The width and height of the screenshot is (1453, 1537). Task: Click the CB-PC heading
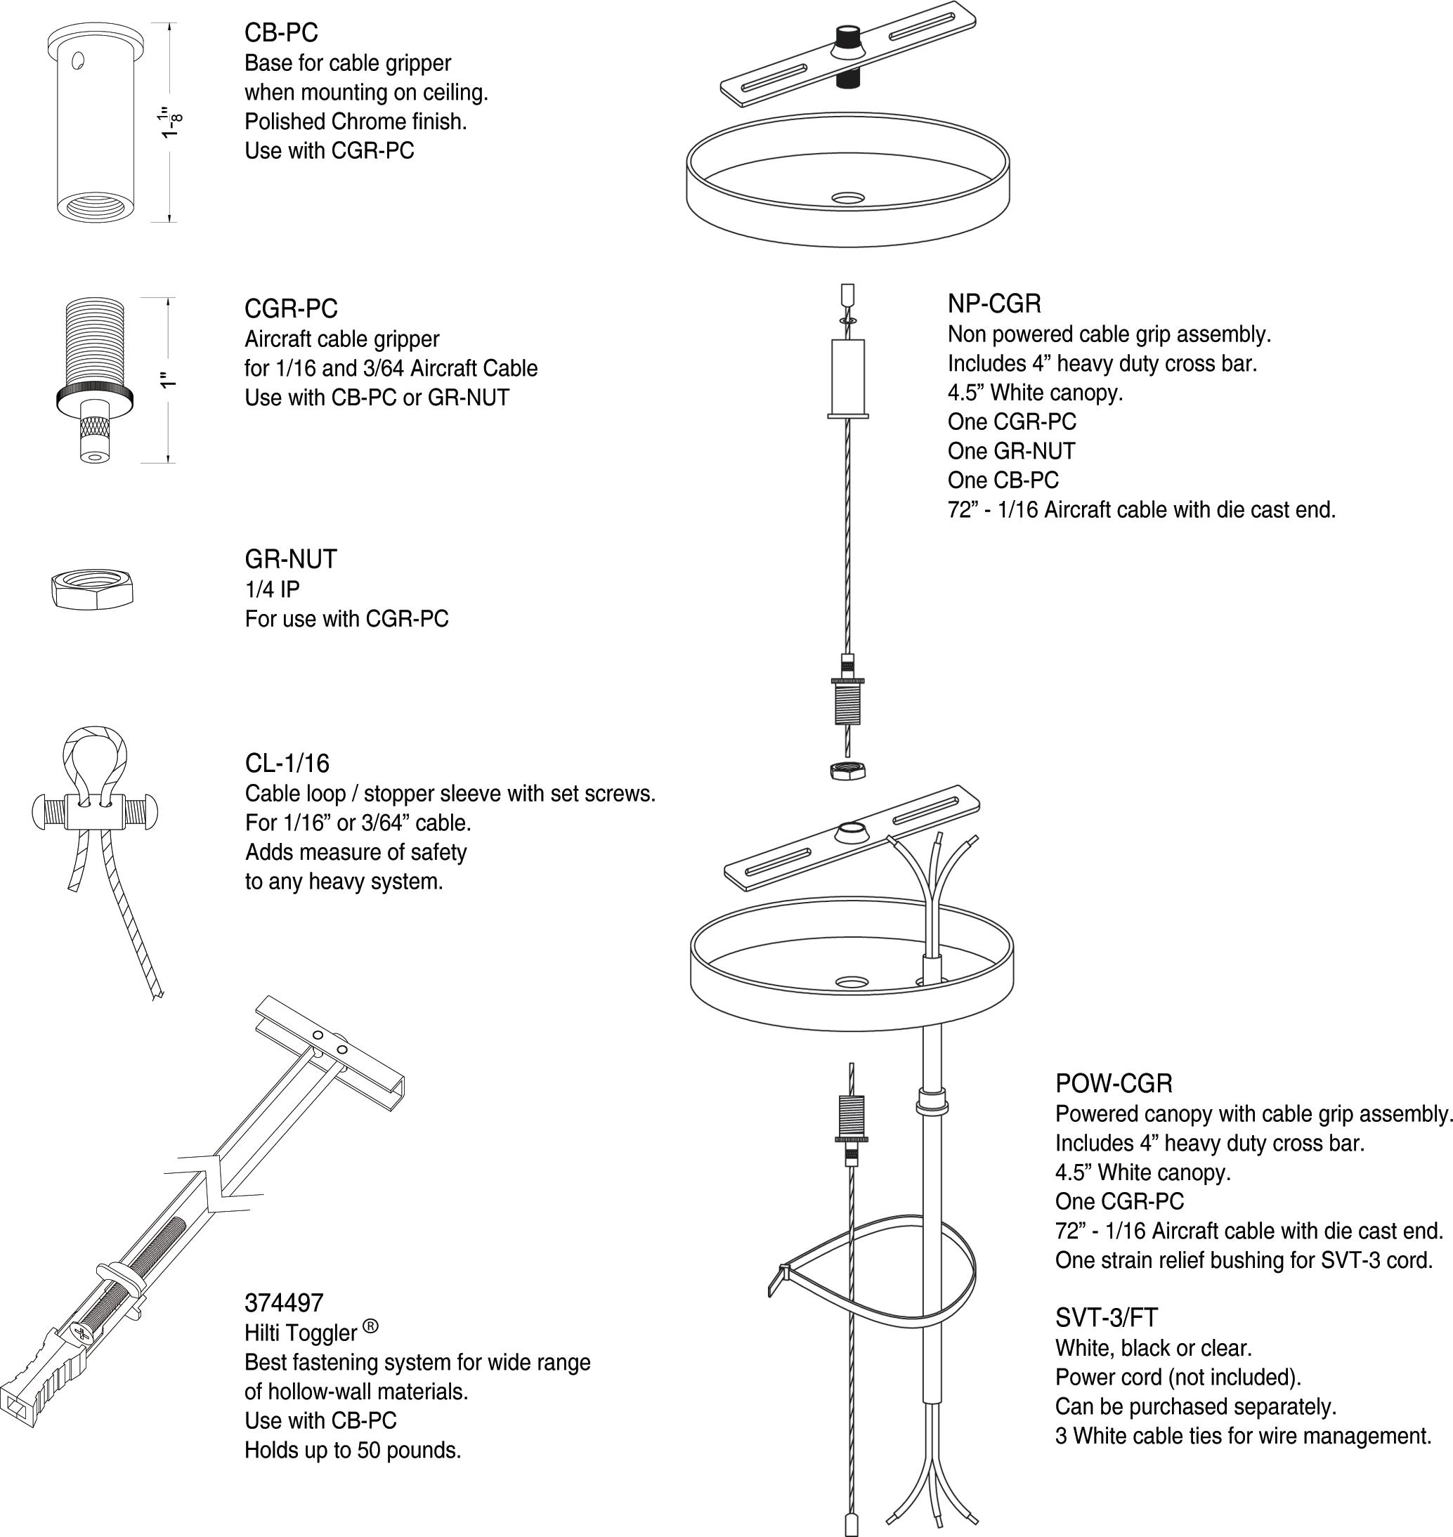(281, 32)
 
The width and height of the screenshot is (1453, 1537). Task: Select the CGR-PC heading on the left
(291, 309)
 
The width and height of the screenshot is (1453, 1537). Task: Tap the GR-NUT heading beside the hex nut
(291, 559)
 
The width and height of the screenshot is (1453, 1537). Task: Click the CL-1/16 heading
(287, 764)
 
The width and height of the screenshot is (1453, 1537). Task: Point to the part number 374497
(283, 1303)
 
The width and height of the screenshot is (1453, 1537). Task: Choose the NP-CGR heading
(994, 303)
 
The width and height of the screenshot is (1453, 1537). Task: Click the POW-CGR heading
(1114, 1083)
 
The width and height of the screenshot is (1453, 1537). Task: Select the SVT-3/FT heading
(1106, 1317)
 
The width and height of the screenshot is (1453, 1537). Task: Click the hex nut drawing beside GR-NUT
(92, 591)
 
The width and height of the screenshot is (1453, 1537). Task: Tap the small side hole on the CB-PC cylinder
(77, 60)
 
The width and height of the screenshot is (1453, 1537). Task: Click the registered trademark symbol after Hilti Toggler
(370, 1326)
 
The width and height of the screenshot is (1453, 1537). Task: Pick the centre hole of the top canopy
(847, 198)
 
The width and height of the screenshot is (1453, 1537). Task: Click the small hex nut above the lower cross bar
(847, 770)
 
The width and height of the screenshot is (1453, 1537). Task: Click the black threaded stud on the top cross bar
(847, 37)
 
